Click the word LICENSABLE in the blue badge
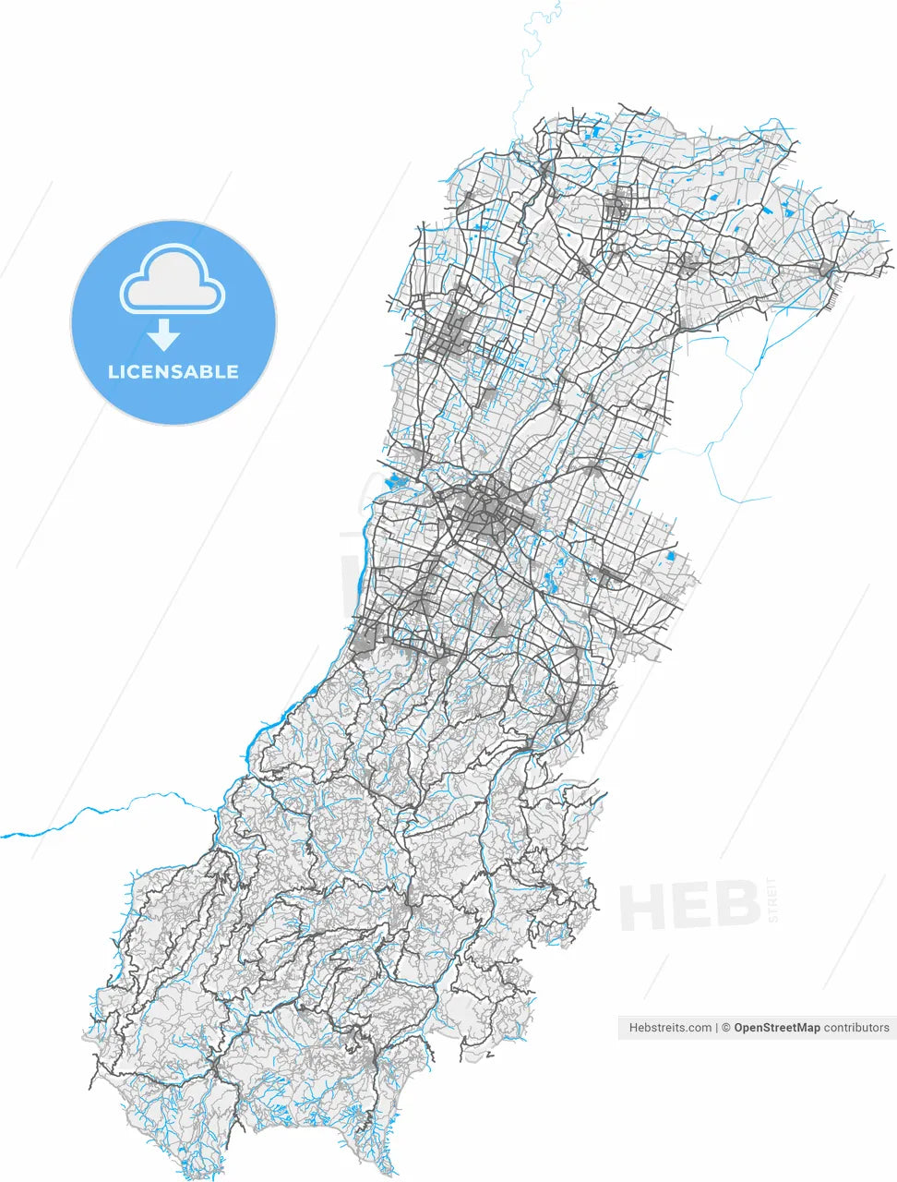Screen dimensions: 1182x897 coord(173,372)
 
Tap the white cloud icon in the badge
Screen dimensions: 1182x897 coord(173,278)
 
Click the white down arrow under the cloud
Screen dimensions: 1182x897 coord(164,334)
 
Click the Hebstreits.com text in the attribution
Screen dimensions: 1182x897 coord(670,1028)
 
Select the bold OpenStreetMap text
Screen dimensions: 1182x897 coord(776,1028)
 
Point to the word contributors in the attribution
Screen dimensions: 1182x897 coord(856,1028)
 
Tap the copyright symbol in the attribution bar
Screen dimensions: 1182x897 coord(726,1028)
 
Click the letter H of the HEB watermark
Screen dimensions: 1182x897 coord(642,906)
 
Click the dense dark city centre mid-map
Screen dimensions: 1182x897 coord(482,513)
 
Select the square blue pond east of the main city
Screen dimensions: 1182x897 coord(671,557)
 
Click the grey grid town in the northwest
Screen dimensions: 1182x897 coord(447,334)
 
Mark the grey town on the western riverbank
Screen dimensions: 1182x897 coord(365,635)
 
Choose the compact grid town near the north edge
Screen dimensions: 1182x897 coord(617,205)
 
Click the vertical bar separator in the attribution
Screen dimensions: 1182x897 coord(716,1028)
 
